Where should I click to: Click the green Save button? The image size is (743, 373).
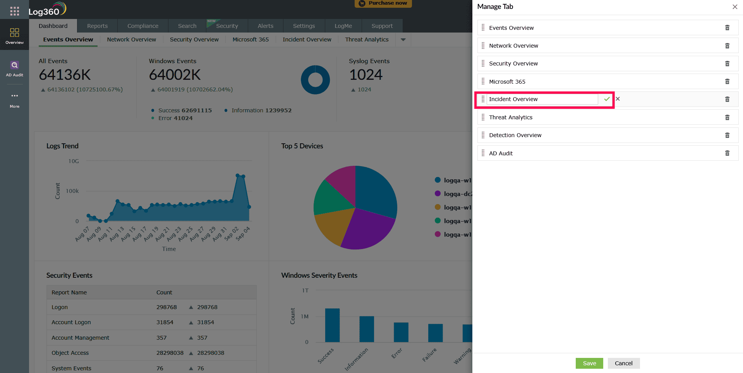pos(589,363)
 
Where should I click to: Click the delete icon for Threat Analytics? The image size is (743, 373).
pos(727,117)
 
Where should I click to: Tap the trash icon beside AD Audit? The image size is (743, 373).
pos(727,153)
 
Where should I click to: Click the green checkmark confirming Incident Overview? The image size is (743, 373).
pos(607,99)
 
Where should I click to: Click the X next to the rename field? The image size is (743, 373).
pos(618,99)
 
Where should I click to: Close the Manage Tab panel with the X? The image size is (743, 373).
pos(734,7)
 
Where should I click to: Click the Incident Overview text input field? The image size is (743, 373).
pos(542,99)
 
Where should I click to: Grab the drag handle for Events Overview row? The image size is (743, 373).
pos(483,28)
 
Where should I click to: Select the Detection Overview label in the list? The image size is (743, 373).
pos(515,135)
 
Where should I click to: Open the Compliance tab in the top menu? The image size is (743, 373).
pos(143,26)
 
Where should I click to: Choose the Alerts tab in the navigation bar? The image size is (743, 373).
pos(266,26)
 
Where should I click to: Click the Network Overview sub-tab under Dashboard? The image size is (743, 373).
pos(132,40)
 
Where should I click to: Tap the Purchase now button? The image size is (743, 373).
pos(383,3)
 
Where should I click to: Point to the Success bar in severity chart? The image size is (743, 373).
pos(332,325)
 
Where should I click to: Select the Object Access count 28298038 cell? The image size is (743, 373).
pos(170,353)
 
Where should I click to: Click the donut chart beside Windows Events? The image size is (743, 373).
pos(315,80)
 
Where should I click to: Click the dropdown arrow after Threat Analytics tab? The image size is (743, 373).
pos(403,40)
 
